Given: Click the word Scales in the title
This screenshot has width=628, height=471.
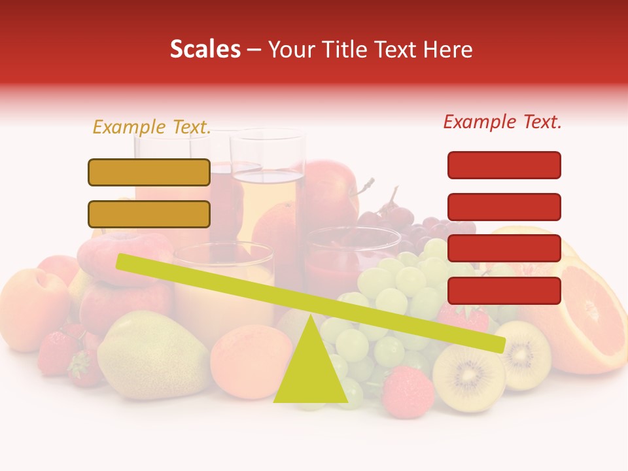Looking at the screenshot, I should pos(205,49).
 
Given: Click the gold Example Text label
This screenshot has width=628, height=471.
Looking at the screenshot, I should pos(152,127).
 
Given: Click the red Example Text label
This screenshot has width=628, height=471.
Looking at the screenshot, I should pos(502,122).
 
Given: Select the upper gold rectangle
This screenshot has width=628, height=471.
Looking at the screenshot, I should pos(149,172).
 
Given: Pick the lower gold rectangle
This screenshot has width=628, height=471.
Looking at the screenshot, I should pos(149,214).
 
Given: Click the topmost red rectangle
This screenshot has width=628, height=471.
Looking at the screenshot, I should pos(504,165).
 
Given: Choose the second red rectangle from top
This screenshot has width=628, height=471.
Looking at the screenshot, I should pos(504,207).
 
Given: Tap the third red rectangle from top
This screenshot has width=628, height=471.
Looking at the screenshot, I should pos(504,248).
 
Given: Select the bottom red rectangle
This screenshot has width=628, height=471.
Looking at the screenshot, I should pos(504,290).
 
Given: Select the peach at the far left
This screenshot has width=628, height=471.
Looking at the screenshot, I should pos(33,301).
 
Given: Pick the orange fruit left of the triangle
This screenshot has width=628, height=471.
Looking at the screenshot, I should pos(249,360).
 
